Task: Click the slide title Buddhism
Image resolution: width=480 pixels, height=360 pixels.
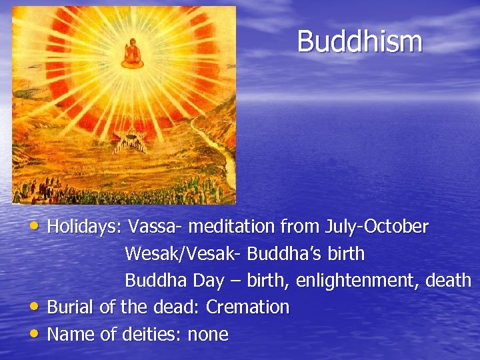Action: pos(359,41)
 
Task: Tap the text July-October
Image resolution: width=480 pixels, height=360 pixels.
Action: pos(376,227)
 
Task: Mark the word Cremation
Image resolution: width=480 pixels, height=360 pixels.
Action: pos(247,307)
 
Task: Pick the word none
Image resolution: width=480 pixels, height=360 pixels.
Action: pos(207,334)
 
